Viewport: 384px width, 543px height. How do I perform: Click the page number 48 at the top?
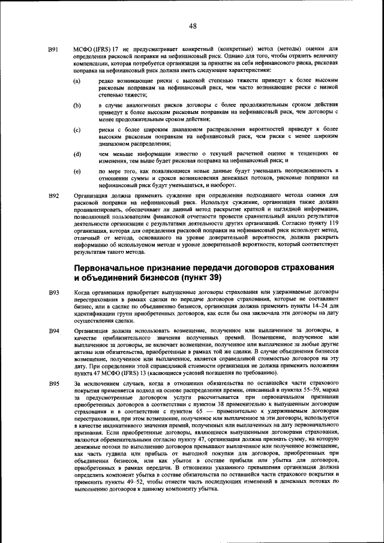pos(192,25)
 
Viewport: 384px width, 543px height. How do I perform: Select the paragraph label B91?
pos(53,49)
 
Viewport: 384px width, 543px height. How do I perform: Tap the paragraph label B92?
pos(53,196)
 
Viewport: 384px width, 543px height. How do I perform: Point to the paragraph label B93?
pos(53,292)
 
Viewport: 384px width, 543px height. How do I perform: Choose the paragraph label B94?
pos(53,331)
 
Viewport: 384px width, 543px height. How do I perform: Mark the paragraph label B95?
pos(53,383)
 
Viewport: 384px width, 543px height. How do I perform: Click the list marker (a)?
pos(77,80)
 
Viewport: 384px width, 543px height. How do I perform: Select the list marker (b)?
pos(77,105)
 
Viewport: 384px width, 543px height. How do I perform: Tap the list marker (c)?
pos(77,130)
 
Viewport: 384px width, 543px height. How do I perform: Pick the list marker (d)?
pos(77,154)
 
